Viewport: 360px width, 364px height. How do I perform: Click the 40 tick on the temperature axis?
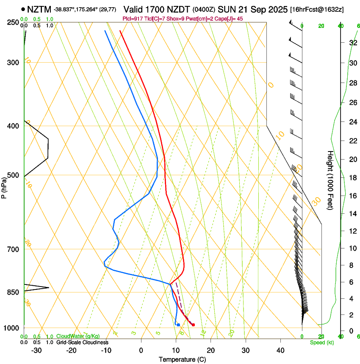point(280,350)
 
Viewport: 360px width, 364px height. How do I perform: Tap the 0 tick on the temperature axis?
point(141,350)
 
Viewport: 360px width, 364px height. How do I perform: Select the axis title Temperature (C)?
point(182,359)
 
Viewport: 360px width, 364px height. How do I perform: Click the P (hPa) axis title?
point(4,187)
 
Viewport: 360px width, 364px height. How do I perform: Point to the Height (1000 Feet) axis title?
point(330,180)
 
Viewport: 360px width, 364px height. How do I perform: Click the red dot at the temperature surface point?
point(193,325)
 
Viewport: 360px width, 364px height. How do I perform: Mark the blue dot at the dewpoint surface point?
point(178,325)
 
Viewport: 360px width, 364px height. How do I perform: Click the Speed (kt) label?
point(321,342)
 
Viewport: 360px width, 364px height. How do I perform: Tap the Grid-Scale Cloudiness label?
point(82,342)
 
